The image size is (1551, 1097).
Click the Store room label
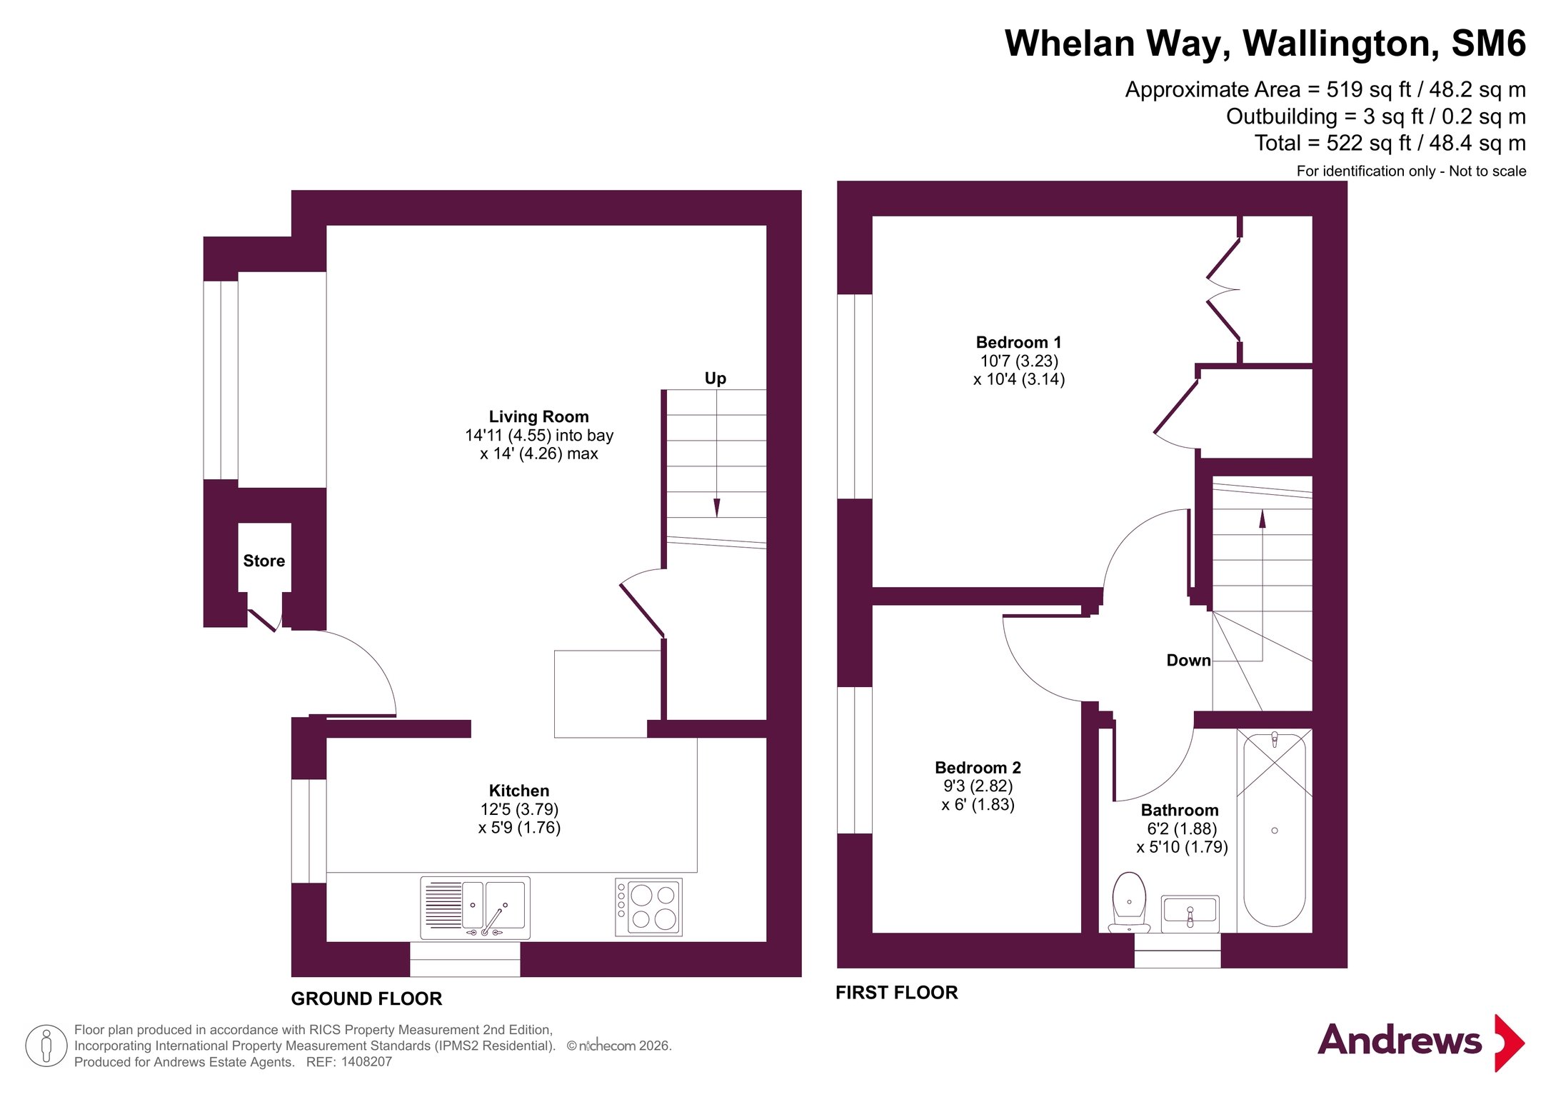coord(263,561)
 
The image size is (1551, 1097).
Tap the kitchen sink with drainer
coord(475,907)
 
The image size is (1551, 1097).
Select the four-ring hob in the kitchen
coord(648,906)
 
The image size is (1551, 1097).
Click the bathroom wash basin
coord(1190,913)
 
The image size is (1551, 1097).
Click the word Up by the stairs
coord(715,379)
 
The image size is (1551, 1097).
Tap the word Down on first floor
coord(1188,660)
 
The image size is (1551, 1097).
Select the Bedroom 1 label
coord(1018,342)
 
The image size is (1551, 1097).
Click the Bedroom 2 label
coord(978,768)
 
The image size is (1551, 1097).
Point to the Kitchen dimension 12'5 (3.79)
coord(519,809)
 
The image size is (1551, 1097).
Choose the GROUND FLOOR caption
coord(366,998)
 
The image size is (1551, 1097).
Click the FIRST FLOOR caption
coord(897,992)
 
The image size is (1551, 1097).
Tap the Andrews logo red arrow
coord(1509,1043)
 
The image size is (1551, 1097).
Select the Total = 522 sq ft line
coord(1390,143)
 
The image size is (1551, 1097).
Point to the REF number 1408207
coord(366,1062)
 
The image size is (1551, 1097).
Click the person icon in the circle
coord(46,1046)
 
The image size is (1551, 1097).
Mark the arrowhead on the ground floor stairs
coord(716,508)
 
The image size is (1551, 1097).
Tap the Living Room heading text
coord(538,416)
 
